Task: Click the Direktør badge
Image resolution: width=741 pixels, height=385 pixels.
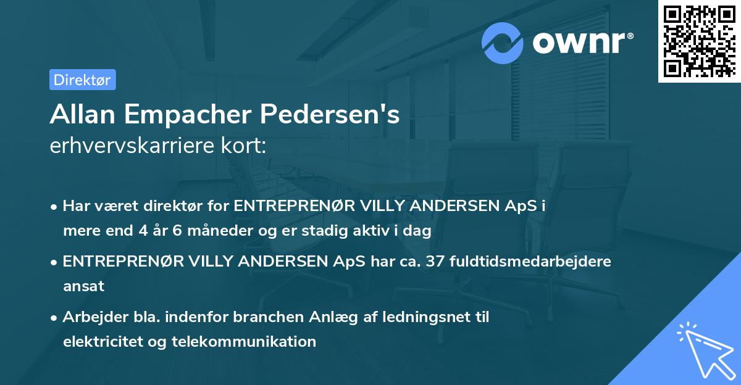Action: [x=82, y=80]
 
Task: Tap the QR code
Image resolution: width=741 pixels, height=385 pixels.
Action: [x=698, y=41]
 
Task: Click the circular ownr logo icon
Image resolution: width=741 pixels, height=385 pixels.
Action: [x=503, y=43]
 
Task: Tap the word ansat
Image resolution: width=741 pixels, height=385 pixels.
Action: [x=83, y=286]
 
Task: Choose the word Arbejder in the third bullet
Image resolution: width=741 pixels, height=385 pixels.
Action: [x=90, y=317]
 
